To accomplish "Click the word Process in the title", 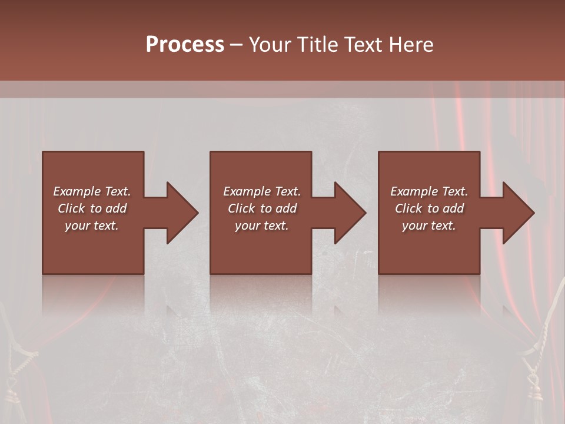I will coord(185,45).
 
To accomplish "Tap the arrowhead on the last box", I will coord(517,213).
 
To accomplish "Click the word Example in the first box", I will coord(77,191).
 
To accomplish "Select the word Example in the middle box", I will coord(247,191).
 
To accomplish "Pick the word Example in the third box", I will coord(414,191).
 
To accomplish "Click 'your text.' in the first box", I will coord(92,226).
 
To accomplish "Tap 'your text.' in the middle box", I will coord(262,226).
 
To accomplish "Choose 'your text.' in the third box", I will coord(429,226).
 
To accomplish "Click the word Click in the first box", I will coord(71,208).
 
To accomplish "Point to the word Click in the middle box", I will coord(241,208).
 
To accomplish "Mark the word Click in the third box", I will coord(408,208).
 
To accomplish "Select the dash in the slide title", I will coord(237,45).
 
